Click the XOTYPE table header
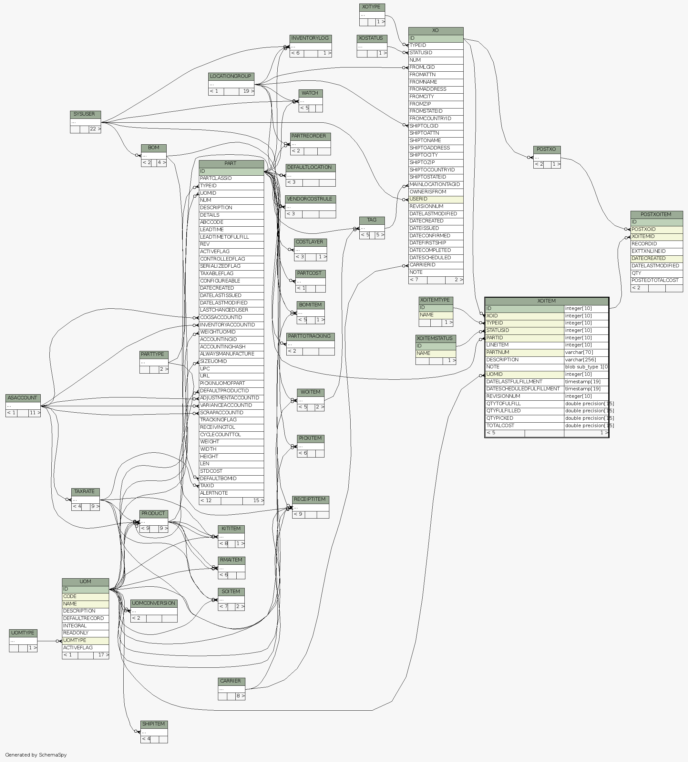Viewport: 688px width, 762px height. [x=372, y=7]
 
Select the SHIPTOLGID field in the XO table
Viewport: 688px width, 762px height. [x=436, y=126]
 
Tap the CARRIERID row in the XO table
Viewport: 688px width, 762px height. [x=436, y=265]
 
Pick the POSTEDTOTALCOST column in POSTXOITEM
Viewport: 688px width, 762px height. [x=656, y=281]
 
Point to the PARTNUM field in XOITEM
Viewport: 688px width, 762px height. [x=524, y=353]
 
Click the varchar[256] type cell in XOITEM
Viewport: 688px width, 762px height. [x=586, y=360]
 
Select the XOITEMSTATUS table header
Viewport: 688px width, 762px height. [x=436, y=338]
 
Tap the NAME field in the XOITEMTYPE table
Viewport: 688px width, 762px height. [x=436, y=315]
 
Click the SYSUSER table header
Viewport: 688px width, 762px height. [x=85, y=114]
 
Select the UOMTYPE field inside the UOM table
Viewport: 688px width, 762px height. [x=86, y=640]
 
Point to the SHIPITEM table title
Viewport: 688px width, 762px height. [x=154, y=724]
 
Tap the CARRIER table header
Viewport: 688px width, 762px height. [x=231, y=681]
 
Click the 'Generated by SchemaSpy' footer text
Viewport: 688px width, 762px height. [x=36, y=755]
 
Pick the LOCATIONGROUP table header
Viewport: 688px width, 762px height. [x=231, y=76]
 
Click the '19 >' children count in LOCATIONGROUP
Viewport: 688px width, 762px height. [x=248, y=91]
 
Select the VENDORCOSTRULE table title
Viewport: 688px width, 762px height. [x=310, y=199]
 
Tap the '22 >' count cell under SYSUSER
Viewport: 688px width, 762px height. [x=95, y=129]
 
